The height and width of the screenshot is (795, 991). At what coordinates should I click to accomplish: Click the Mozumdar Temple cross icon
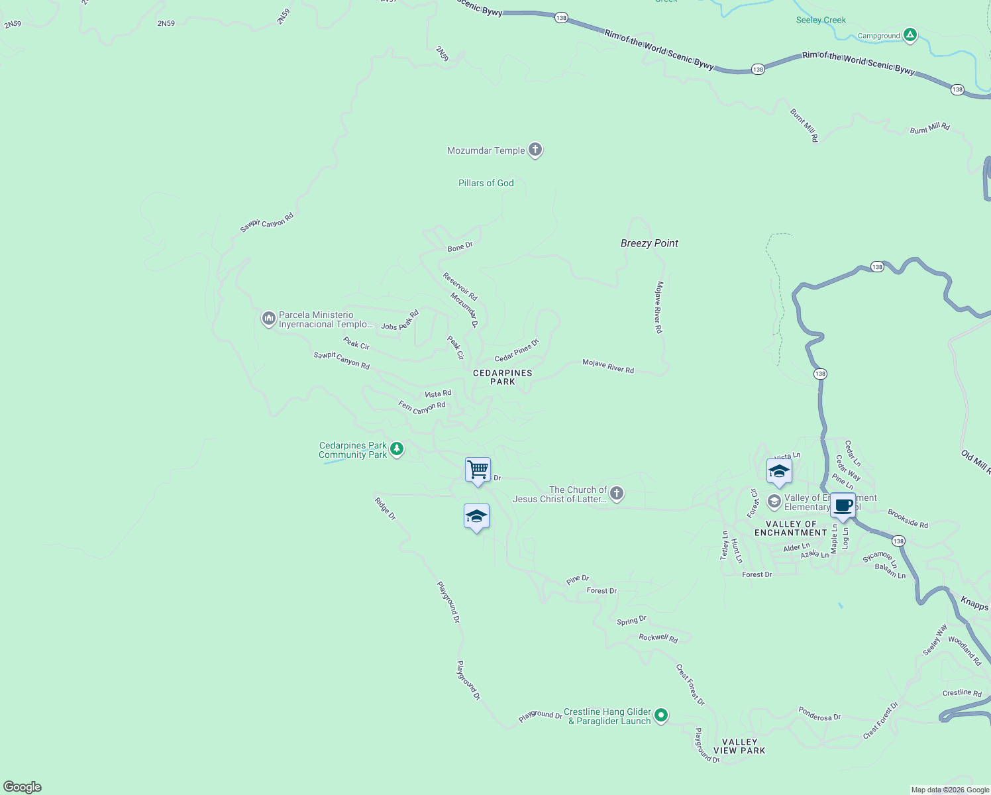(535, 150)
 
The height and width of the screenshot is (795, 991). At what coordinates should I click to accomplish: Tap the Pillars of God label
(486, 183)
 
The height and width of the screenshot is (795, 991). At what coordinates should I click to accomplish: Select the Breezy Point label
(649, 243)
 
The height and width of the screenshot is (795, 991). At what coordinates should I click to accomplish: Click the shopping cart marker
(478, 470)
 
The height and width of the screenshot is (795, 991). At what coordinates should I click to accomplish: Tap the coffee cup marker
(843, 505)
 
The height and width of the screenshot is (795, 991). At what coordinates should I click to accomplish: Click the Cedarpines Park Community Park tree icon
(397, 449)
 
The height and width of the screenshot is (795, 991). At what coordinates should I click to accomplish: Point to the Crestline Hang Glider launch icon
(661, 715)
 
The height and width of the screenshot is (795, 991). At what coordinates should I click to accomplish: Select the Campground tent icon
(910, 35)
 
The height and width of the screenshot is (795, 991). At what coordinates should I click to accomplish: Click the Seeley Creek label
(821, 20)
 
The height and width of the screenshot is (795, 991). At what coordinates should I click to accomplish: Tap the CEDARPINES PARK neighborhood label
(502, 377)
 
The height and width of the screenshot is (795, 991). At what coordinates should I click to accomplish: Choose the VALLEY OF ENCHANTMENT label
(790, 528)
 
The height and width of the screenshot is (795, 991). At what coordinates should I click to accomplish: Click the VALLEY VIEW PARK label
(739, 746)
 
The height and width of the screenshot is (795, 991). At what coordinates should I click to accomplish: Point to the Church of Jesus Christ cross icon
(617, 494)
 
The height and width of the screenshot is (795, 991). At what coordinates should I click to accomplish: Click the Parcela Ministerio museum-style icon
(268, 319)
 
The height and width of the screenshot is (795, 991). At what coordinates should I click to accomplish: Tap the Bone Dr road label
(460, 247)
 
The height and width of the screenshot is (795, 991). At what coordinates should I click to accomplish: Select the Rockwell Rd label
(658, 638)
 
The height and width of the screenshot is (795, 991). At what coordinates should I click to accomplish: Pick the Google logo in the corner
(23, 786)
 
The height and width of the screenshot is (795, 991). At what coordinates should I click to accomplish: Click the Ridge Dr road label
(385, 508)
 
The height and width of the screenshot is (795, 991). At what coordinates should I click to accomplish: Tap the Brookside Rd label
(908, 519)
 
